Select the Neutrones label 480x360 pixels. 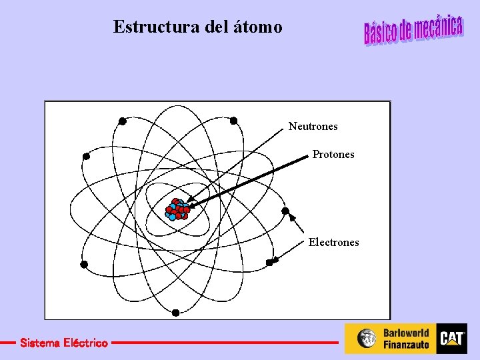313,126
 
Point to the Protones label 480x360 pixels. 333,155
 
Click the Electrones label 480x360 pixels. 333,243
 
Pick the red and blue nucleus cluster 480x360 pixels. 177,209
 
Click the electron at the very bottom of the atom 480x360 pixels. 175,312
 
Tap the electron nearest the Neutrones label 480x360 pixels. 233,121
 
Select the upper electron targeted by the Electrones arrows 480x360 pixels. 285,211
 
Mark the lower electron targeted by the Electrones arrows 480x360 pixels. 270,263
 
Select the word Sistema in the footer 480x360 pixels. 39,343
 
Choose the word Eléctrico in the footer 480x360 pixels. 83,343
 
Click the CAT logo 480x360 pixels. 451,339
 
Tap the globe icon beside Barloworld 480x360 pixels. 367,339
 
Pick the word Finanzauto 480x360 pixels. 406,345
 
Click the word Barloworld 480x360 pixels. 406,333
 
